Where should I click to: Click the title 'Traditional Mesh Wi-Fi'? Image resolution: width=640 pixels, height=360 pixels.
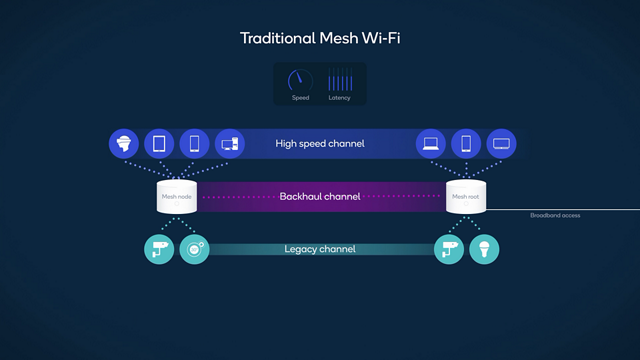pos(319,38)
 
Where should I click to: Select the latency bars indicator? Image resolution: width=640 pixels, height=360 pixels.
pos(339,80)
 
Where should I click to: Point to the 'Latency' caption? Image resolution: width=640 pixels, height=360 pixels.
pos(339,98)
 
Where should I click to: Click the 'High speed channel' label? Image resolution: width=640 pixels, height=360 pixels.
pos(319,144)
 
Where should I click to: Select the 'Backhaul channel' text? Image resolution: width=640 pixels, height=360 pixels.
pos(319,197)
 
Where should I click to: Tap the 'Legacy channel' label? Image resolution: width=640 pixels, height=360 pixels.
pos(319,248)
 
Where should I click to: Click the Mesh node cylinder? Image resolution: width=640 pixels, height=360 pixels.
pos(175,197)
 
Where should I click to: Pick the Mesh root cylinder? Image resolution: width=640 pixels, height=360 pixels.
pos(465,197)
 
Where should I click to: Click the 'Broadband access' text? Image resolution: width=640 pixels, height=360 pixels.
pos(555,215)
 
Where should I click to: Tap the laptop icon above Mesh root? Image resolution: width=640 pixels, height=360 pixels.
pos(431,144)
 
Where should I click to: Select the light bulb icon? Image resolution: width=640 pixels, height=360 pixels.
pos(484,249)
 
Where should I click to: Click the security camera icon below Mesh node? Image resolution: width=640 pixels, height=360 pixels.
pos(157,249)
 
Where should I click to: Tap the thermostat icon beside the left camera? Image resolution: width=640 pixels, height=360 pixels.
pos(193,249)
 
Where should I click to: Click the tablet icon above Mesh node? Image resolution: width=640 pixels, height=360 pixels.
pos(159,144)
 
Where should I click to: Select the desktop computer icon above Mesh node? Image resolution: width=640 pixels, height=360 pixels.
pos(229,144)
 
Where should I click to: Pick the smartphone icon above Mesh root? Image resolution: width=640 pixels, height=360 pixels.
pos(466,144)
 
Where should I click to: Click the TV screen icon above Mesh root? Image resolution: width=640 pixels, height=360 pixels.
pos(501,144)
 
